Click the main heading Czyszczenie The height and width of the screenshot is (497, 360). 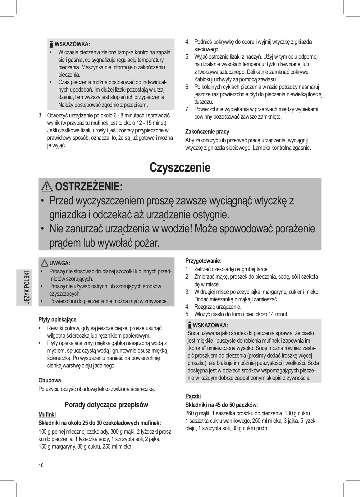click(180, 167)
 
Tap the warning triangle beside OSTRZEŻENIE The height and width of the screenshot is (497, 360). click(47, 187)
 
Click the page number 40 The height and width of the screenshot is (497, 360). click(41, 465)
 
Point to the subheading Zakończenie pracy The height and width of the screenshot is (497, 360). click(207, 131)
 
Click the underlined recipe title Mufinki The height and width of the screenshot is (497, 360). click(47, 414)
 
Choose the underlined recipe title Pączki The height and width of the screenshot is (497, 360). click(193, 396)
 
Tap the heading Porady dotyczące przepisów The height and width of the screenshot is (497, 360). click(106, 404)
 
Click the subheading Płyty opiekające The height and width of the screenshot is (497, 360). click(57, 319)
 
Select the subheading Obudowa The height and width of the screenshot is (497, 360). click(49, 380)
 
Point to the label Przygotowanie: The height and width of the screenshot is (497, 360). click(203, 261)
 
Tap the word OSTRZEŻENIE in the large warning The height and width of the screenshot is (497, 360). click(89, 187)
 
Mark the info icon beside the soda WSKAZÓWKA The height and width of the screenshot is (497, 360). click(189, 326)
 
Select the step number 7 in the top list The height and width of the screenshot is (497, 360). click(187, 109)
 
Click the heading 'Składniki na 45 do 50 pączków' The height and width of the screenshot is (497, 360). click(221, 405)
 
